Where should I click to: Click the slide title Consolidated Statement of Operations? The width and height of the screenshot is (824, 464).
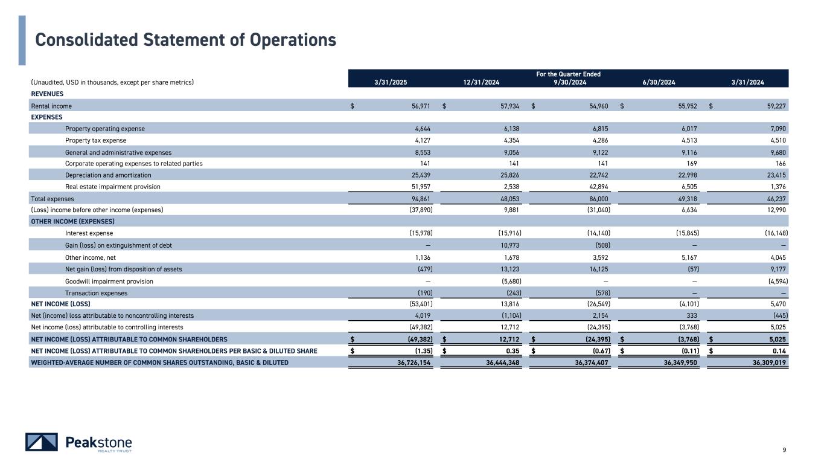pyautogui.click(x=185, y=40)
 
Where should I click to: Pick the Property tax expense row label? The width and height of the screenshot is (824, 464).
pyautogui.click(x=95, y=140)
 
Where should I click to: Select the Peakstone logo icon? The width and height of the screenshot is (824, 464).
pyautogui.click(x=42, y=442)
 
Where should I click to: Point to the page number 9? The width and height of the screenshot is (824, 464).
pyautogui.click(x=784, y=449)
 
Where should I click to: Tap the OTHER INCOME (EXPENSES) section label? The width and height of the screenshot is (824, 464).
pyautogui.click(x=72, y=221)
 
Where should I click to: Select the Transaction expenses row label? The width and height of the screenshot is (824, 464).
pyautogui.click(x=96, y=293)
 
